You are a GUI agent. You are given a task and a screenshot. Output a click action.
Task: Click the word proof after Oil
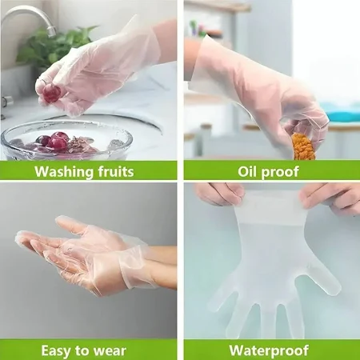click(280, 172)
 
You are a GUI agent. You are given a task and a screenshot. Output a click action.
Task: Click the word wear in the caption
click(110, 351)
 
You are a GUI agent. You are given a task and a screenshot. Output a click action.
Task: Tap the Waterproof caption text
click(269, 350)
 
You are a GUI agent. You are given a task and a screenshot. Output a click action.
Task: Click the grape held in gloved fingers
click(52, 93)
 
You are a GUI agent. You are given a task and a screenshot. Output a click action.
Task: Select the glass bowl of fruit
click(66, 140)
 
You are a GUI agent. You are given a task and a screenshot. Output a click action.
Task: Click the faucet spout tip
click(51, 31)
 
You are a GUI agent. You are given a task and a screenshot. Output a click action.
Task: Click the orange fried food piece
click(303, 146)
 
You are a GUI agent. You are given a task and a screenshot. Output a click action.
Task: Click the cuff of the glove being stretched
click(270, 206)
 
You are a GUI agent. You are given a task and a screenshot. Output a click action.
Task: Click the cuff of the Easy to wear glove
click(136, 266)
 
